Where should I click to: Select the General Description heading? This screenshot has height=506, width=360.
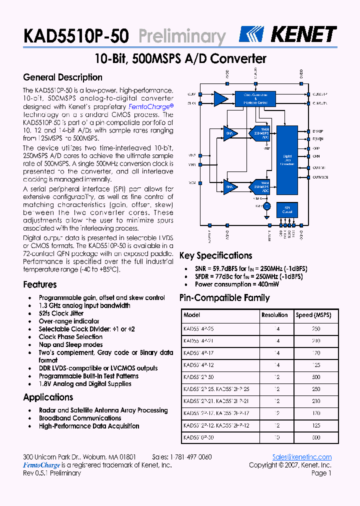click(x=62, y=77)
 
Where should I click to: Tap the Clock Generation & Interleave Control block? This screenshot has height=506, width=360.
click(x=255, y=98)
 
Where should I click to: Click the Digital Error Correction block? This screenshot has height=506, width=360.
click(x=287, y=160)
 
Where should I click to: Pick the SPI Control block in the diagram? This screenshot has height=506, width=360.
click(x=287, y=209)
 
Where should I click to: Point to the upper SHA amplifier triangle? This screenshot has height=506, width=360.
click(x=230, y=132)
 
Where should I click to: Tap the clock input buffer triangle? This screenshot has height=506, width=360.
click(x=220, y=98)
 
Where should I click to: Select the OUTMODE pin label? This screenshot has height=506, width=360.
click(x=320, y=177)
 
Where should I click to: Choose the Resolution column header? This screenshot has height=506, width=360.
click(x=274, y=315)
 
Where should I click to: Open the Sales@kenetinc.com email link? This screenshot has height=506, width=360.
click(x=302, y=457)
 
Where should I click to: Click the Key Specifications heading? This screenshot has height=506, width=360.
click(x=215, y=255)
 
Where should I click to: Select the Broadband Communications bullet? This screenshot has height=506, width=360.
click(x=80, y=418)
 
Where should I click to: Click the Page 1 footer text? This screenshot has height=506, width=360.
click(x=321, y=473)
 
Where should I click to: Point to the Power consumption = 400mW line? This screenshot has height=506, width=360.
click(x=237, y=284)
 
